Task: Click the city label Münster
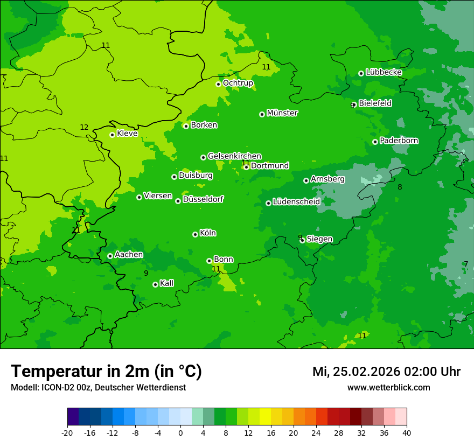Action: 282,113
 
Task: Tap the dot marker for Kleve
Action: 112,135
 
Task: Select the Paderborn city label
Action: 399,141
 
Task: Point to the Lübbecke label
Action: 384,72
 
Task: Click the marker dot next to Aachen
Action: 110,256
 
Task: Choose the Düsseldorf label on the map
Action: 203,199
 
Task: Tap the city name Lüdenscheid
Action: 296,202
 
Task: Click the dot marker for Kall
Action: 155,284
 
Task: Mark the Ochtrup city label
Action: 238,83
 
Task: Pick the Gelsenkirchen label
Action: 234,156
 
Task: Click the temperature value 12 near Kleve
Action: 84,128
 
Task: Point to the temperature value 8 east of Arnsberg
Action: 400,187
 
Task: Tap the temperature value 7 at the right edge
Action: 466,264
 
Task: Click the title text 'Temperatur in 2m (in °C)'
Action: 106,372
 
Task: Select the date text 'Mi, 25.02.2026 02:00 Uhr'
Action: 386,372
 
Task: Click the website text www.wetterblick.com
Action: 388,388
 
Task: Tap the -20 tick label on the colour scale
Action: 67,433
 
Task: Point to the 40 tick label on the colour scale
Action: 407,433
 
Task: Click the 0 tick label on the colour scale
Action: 180,433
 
